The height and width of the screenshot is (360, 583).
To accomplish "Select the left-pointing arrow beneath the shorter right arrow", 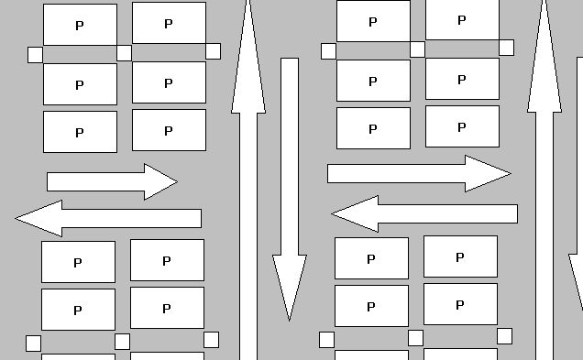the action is [x=108, y=218].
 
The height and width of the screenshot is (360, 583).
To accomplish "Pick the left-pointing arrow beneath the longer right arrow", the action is [x=424, y=214].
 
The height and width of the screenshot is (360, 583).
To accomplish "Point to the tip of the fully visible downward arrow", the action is [x=290, y=321].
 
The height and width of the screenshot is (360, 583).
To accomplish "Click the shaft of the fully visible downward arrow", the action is [x=290, y=157].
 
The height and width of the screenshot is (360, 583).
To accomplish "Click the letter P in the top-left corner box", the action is [x=79, y=26].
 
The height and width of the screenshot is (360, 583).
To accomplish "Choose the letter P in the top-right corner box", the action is [x=461, y=20].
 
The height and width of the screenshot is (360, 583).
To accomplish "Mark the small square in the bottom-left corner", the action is [x=34, y=344].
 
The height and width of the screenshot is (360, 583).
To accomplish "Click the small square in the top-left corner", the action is [x=36, y=55].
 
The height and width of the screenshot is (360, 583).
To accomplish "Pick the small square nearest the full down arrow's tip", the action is [x=326, y=340].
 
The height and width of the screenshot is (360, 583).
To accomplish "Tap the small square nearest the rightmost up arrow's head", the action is [x=506, y=48].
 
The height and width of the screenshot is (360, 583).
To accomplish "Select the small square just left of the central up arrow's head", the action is [x=213, y=51].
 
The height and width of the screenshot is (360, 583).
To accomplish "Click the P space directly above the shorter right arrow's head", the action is [x=170, y=130].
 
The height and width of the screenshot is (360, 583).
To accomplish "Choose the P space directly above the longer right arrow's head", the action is [x=463, y=126].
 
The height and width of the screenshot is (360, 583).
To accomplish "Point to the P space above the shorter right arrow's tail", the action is [x=81, y=132].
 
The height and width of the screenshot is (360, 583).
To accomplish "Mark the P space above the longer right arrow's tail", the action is [x=374, y=128].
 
